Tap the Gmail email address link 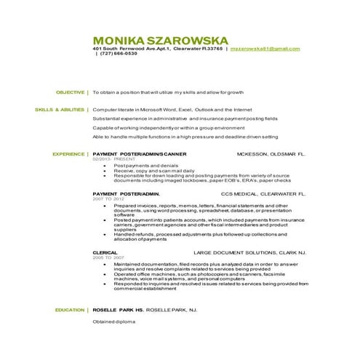(265, 48)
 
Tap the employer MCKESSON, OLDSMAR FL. (272, 155)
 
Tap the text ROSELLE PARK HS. (119, 310)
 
